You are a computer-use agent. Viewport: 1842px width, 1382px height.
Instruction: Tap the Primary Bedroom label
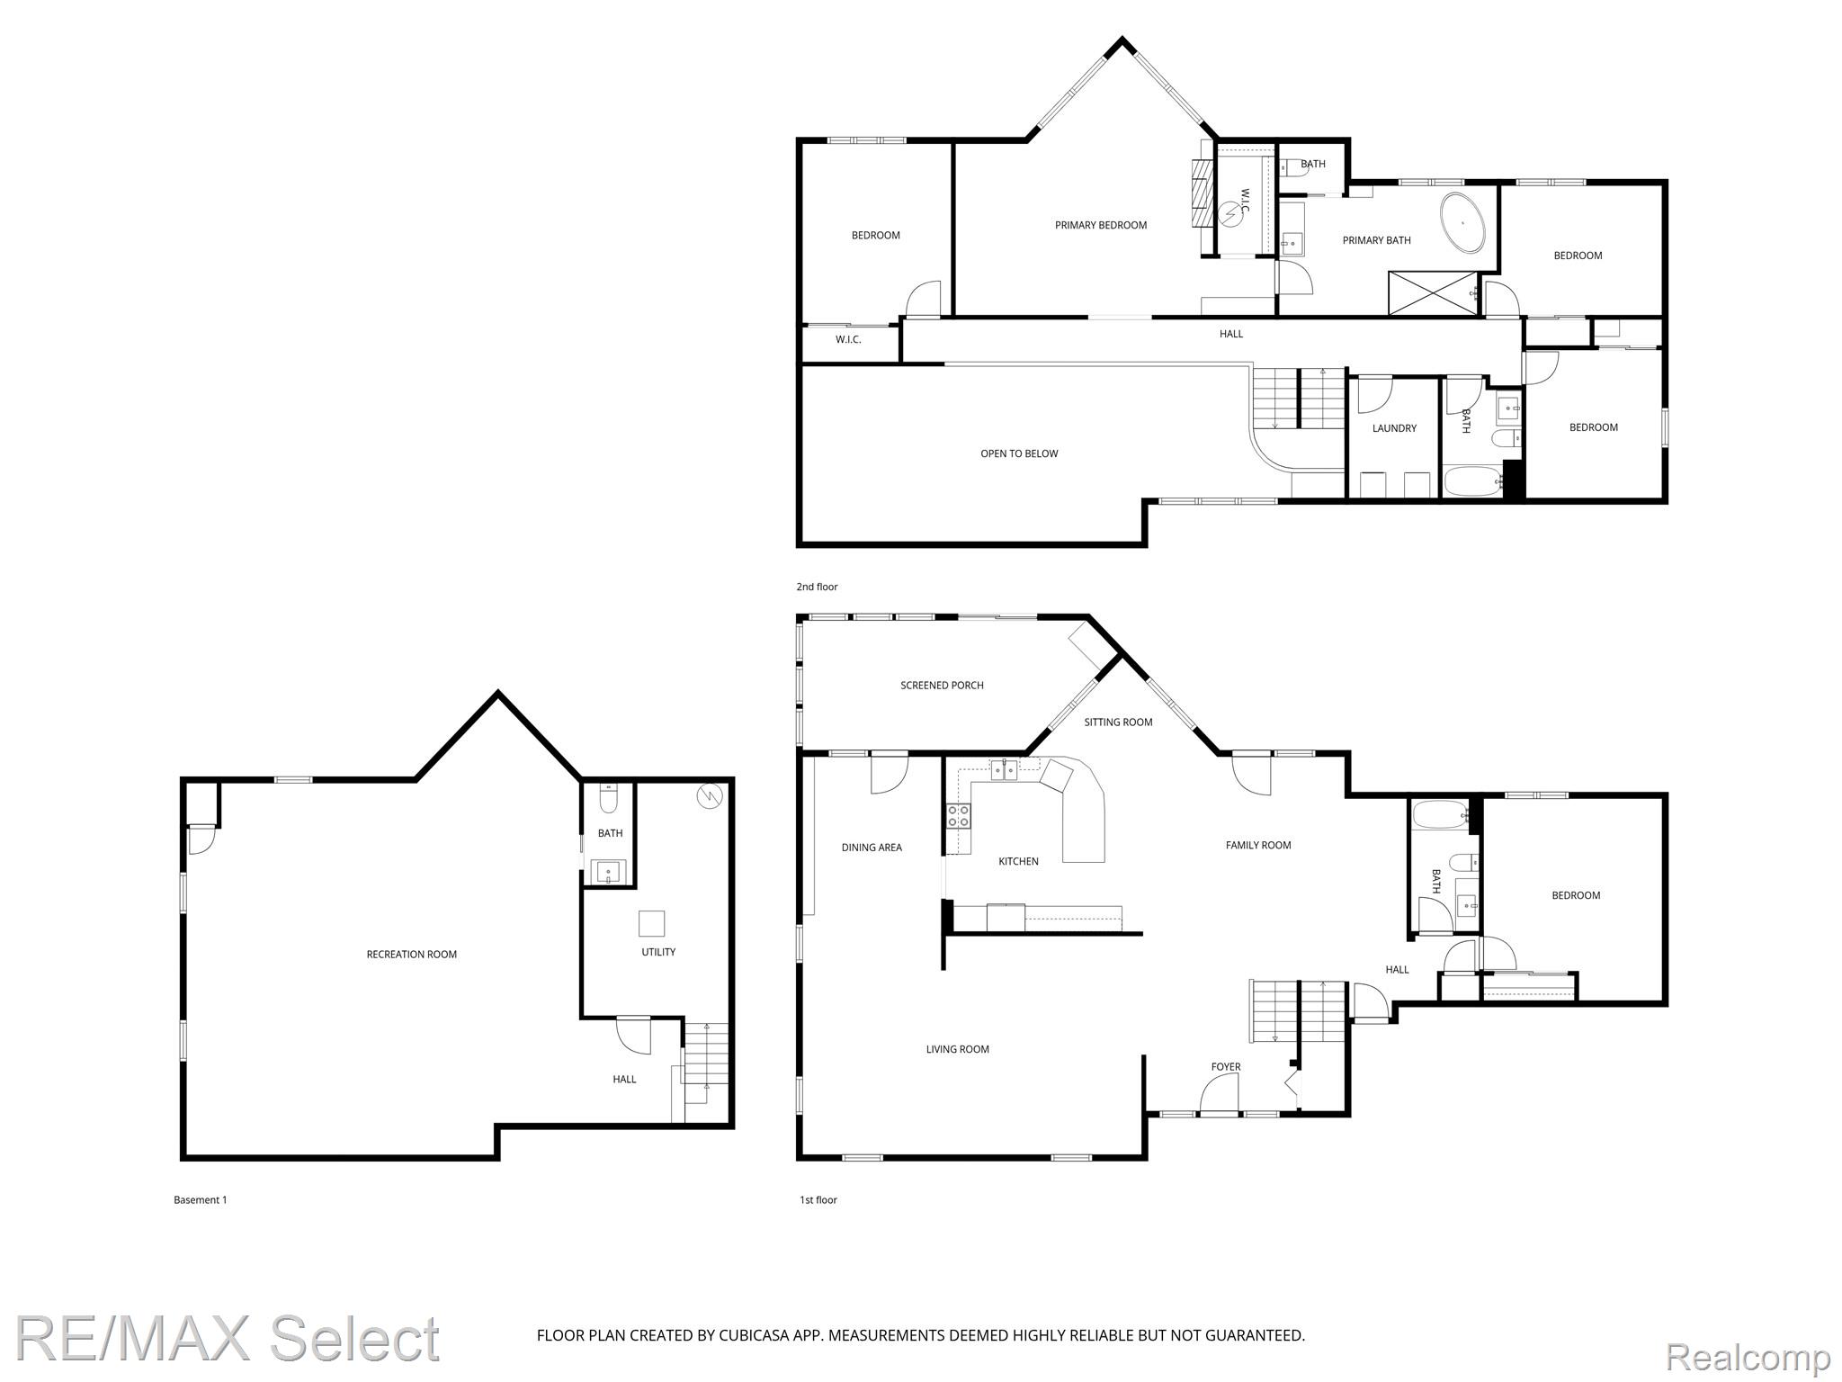pyautogui.click(x=1101, y=225)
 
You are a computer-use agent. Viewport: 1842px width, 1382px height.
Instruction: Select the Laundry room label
pyautogui.click(x=1394, y=428)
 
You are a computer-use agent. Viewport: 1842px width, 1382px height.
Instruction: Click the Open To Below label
pyautogui.click(x=1019, y=453)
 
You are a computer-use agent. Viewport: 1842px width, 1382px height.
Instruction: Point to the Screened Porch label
pyautogui.click(x=942, y=686)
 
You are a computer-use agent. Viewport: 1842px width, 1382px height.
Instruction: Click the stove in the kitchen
pyautogui.click(x=959, y=816)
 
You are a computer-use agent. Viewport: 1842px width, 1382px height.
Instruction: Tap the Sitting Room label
pyautogui.click(x=1118, y=722)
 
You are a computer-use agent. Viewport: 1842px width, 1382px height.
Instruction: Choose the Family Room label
pyautogui.click(x=1258, y=845)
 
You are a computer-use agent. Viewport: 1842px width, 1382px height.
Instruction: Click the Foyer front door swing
pyautogui.click(x=1220, y=1095)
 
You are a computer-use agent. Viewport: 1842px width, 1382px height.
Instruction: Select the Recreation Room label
pyautogui.click(x=412, y=955)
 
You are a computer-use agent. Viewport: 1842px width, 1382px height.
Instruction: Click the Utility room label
pyautogui.click(x=658, y=952)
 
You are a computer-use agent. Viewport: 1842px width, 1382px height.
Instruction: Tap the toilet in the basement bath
pyautogui.click(x=609, y=798)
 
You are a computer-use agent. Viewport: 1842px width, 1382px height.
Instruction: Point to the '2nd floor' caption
pyautogui.click(x=817, y=587)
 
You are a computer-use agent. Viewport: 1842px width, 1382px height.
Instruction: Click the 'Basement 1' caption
pyautogui.click(x=201, y=1199)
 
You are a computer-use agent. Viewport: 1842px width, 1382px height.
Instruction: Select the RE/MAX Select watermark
pyautogui.click(x=228, y=1338)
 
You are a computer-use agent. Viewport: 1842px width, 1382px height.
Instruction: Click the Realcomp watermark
pyautogui.click(x=1748, y=1357)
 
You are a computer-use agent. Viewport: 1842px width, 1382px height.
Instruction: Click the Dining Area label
pyautogui.click(x=872, y=848)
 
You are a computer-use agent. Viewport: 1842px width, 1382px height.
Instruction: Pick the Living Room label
pyautogui.click(x=958, y=1049)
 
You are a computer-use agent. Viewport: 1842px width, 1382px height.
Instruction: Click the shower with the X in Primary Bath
pyautogui.click(x=1434, y=293)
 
